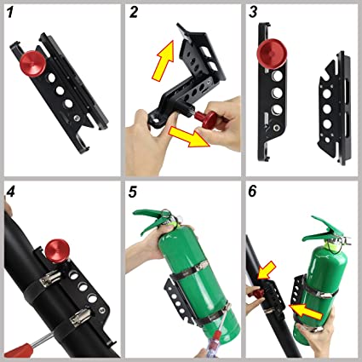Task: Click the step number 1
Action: coord(10,12)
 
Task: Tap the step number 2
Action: coord(133,12)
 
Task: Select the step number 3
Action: coord(253,12)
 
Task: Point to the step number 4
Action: coord(10,192)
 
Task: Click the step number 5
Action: coord(133,192)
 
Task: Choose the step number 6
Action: coord(252,192)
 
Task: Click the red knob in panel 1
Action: coord(32,64)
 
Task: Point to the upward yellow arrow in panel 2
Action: coord(164,60)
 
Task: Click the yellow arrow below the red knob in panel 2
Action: coord(190,137)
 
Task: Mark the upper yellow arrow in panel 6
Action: coord(266,270)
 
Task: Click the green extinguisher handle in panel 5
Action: coord(149,219)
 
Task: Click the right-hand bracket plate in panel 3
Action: coord(335,108)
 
